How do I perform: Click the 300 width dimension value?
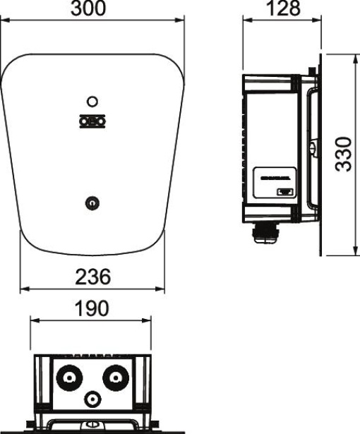[x=92, y=9]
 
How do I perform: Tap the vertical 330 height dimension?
[x=343, y=155]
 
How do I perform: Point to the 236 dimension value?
[x=92, y=277]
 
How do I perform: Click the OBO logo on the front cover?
[x=92, y=121]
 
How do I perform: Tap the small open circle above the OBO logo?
[x=92, y=102]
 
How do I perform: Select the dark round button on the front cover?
[x=90, y=203]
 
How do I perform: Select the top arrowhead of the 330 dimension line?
[x=352, y=55]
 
